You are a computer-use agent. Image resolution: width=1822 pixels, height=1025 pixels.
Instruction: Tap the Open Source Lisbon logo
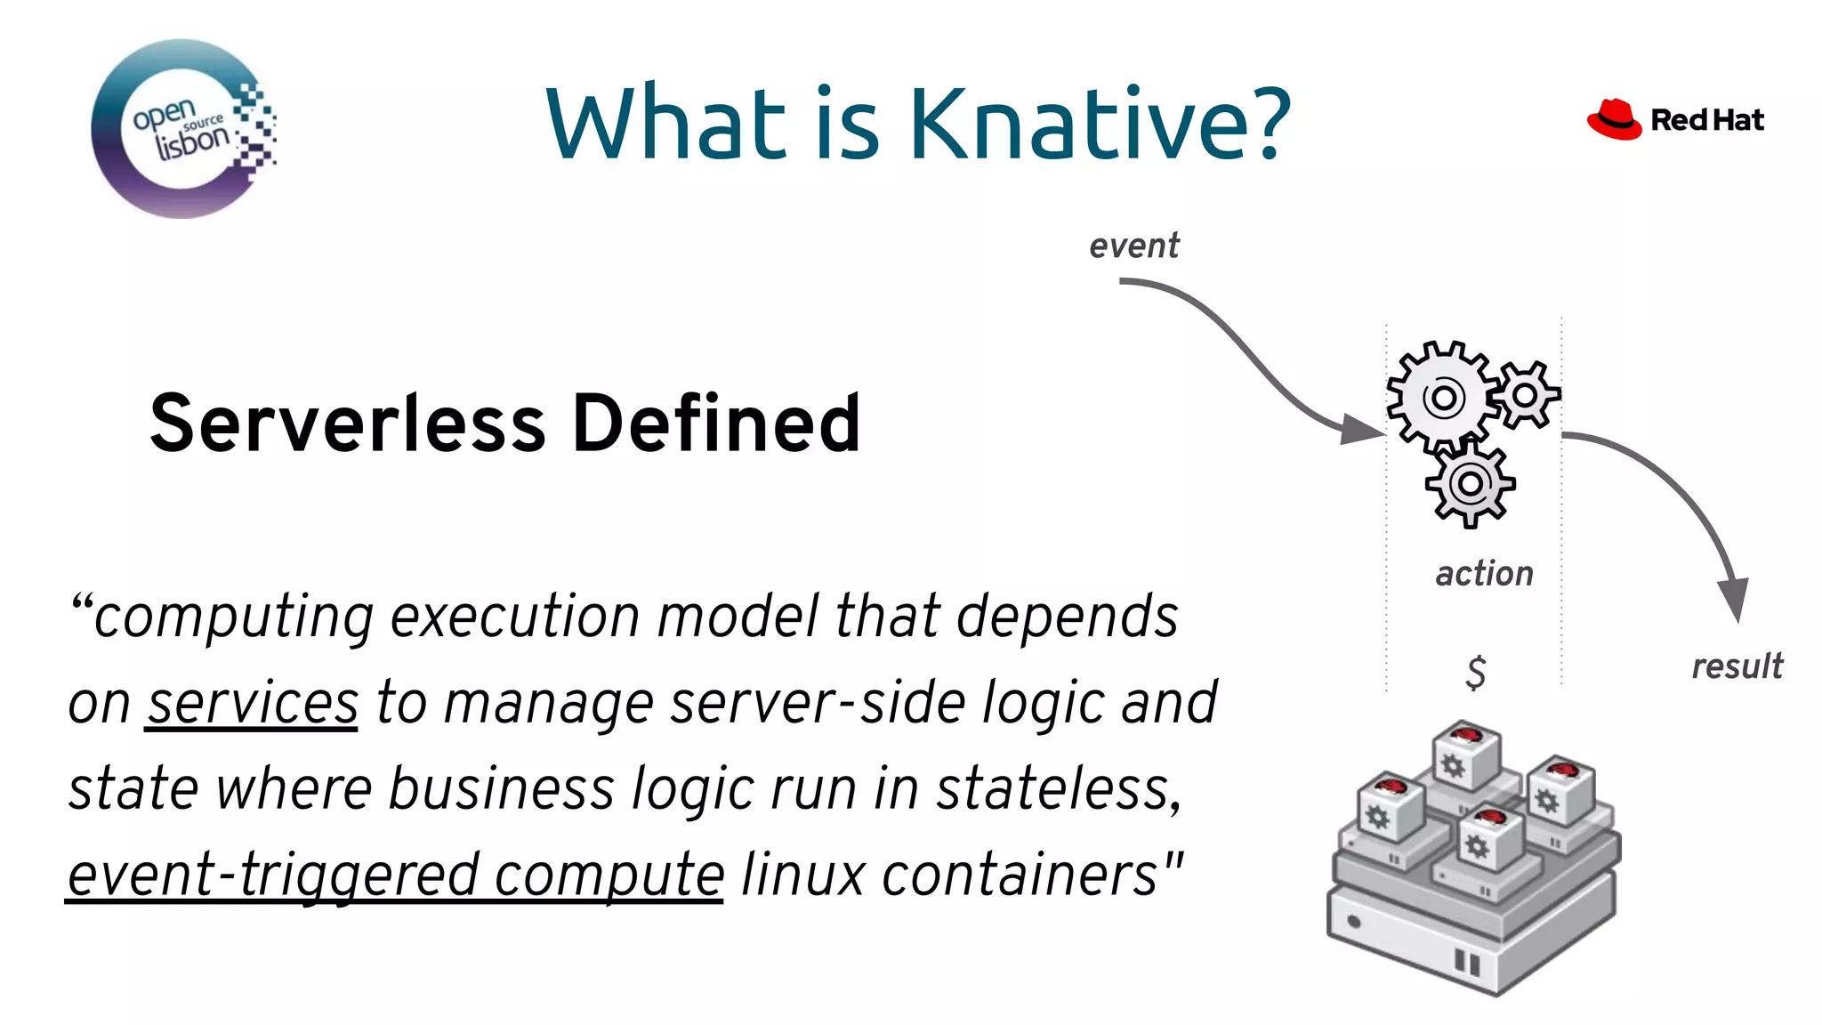(183, 129)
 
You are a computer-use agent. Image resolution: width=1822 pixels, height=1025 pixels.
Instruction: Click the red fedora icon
(1614, 120)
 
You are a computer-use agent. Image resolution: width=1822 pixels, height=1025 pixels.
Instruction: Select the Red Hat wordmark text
(1706, 120)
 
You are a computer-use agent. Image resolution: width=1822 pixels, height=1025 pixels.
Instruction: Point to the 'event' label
(1133, 246)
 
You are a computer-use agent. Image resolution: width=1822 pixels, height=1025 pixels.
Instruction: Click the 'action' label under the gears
(1484, 574)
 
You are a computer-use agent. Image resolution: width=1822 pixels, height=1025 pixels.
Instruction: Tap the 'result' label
(1737, 666)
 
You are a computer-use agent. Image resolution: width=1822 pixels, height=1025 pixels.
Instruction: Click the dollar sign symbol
(1475, 672)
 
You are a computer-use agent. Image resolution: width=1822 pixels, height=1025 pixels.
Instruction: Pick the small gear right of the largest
(1526, 394)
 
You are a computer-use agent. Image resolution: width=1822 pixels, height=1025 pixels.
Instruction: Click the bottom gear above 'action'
(1470, 484)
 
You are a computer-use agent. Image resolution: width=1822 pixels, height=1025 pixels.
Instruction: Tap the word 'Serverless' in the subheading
(347, 424)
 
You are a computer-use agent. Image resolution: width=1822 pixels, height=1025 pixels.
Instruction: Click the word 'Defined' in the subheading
(716, 424)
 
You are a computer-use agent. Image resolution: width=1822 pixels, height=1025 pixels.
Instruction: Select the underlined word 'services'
(252, 703)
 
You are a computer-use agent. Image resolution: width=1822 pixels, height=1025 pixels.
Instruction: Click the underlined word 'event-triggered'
(273, 875)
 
